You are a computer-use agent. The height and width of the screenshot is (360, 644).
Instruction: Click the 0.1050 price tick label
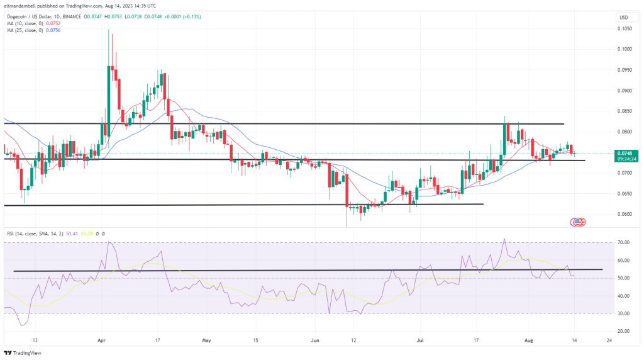624,28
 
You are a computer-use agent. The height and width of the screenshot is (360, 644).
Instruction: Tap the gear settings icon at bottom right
626,338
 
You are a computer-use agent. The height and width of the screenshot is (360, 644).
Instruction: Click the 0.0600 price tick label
624,214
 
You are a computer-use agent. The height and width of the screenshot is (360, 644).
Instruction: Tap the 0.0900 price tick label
624,90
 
